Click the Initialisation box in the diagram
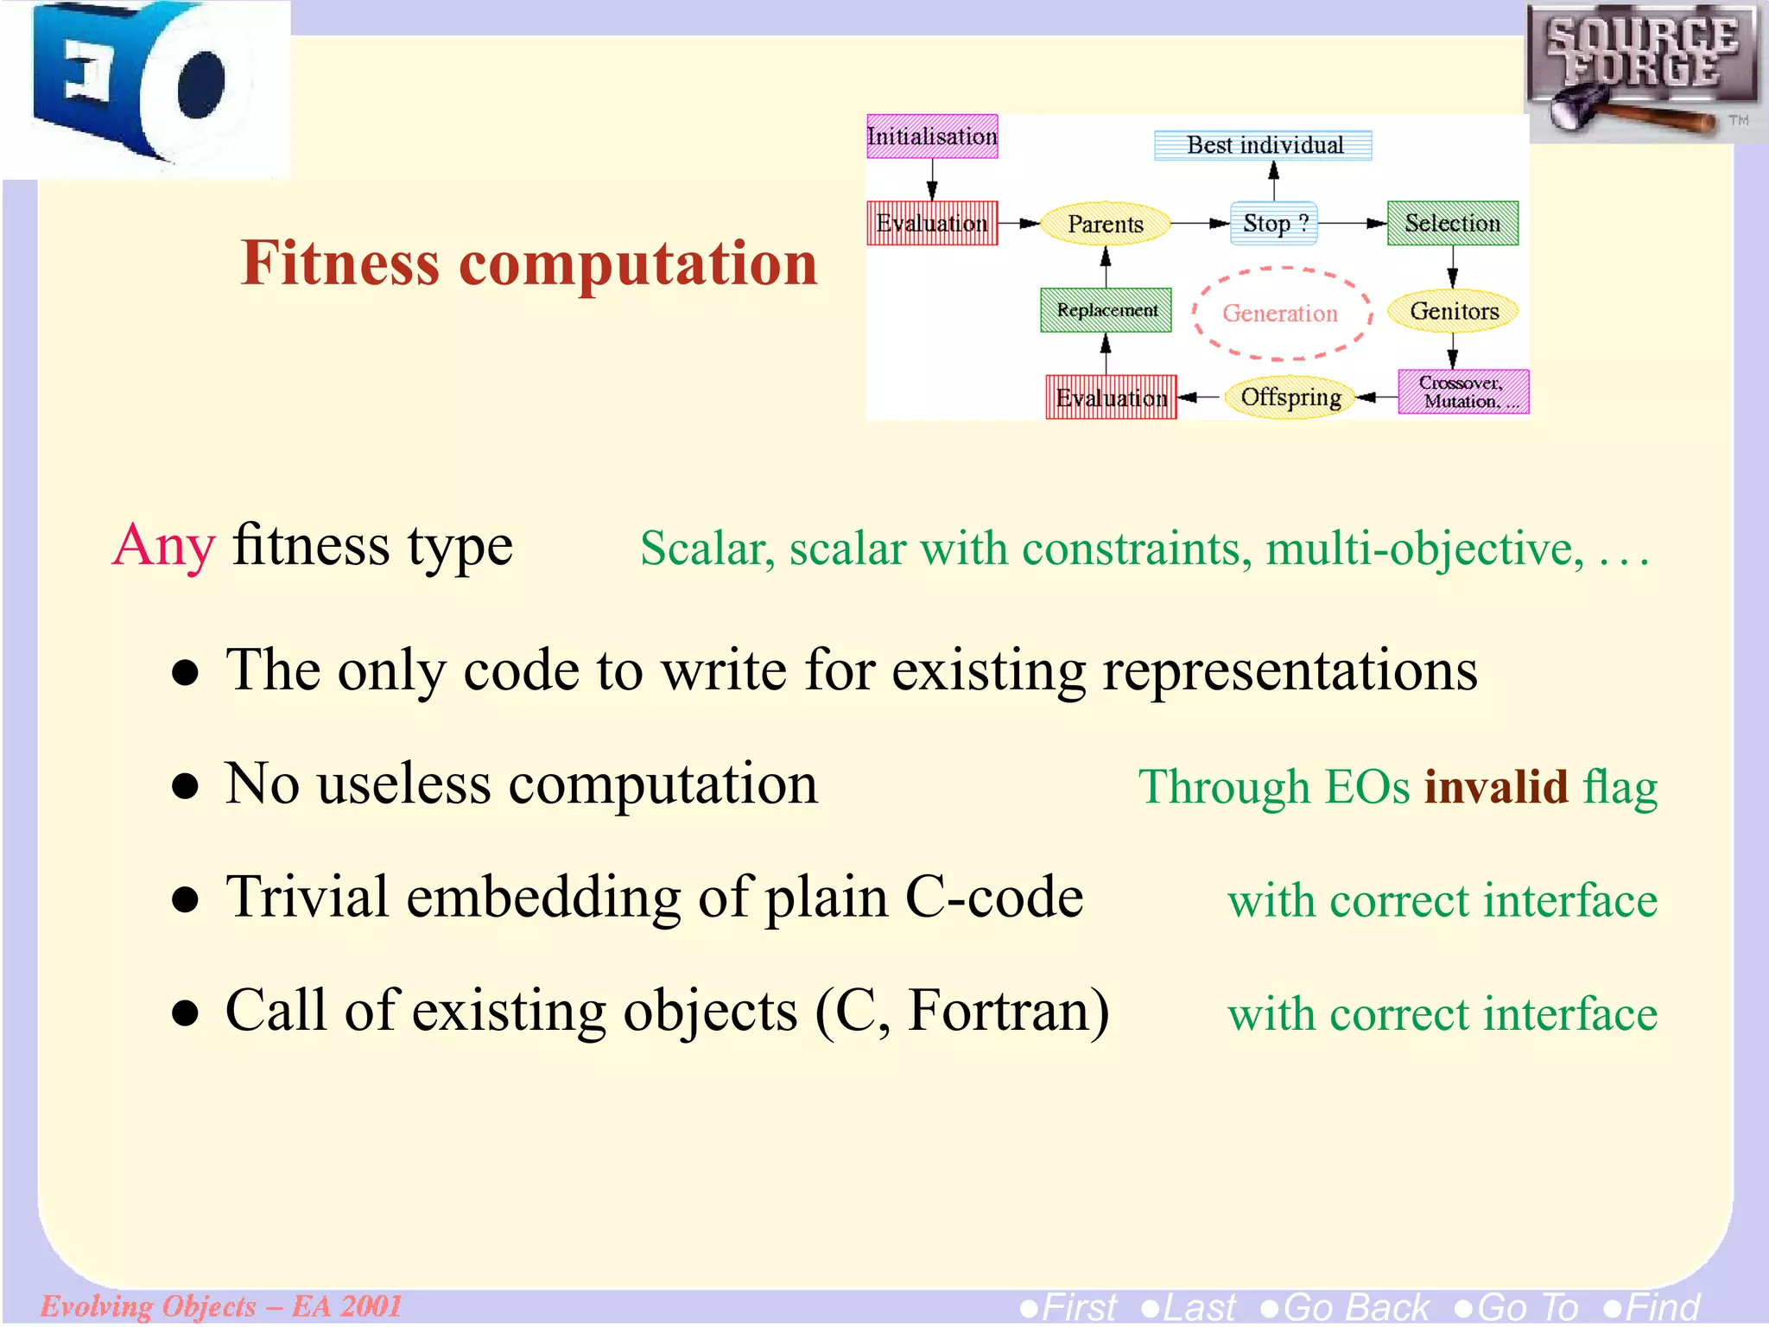pyautogui.click(x=932, y=137)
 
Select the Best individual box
pyautogui.click(x=1263, y=145)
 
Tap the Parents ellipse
pyautogui.click(x=1105, y=224)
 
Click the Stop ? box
pyautogui.click(x=1274, y=224)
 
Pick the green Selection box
pyautogui.click(x=1452, y=224)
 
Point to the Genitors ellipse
pyautogui.click(x=1453, y=311)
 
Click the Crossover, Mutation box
pyautogui.click(x=1463, y=392)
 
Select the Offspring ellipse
pyautogui.click(x=1290, y=397)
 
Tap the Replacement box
pyautogui.click(x=1106, y=310)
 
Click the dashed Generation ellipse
pyautogui.click(x=1280, y=313)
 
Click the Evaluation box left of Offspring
pyautogui.click(x=1111, y=397)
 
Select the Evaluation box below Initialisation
pyautogui.click(x=932, y=224)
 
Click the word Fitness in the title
pyautogui.click(x=340, y=263)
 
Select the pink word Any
pyautogui.click(x=163, y=547)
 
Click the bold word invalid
pyautogui.click(x=1495, y=787)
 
